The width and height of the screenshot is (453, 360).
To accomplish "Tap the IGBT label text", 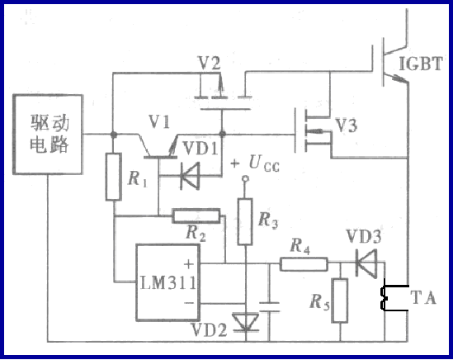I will (x=423, y=64).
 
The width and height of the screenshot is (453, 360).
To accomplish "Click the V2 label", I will (x=210, y=63).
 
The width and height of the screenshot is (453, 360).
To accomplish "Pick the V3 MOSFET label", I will (x=347, y=126).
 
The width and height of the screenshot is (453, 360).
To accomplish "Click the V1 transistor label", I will (x=159, y=122).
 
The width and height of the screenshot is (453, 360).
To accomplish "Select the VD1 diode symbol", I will (x=191, y=173).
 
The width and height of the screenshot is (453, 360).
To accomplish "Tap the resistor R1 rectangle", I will (x=115, y=177).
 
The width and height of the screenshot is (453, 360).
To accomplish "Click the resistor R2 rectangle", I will (x=196, y=216).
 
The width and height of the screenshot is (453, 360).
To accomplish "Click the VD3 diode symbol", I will (x=366, y=264).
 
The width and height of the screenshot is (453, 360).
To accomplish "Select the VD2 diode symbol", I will (x=245, y=321).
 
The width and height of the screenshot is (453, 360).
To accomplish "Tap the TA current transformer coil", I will (x=385, y=300).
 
